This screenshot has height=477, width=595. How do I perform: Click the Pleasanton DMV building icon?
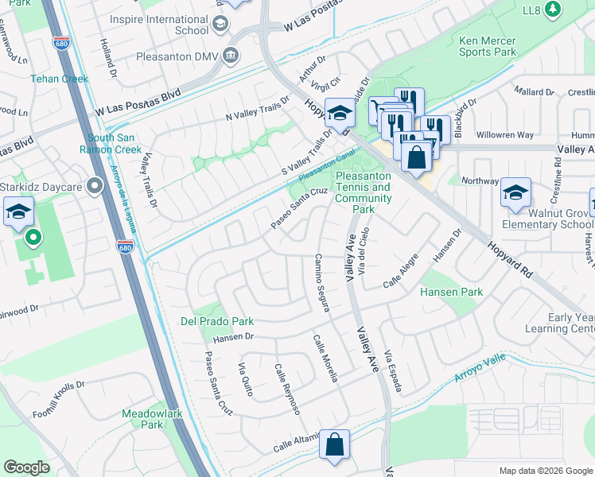click(231, 54)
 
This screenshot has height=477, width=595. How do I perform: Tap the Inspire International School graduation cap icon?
click(219, 24)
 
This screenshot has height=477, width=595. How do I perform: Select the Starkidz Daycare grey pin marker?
click(95, 186)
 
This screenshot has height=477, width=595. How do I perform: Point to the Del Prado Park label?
click(216, 321)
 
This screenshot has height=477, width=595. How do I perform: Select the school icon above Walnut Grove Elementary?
click(515, 192)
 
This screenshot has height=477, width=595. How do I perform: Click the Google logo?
click(27, 467)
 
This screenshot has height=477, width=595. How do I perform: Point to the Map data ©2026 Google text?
click(545, 471)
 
